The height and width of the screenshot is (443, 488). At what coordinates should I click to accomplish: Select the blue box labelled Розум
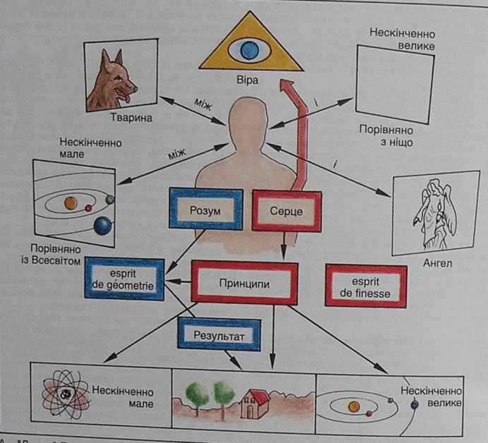click(x=206, y=210)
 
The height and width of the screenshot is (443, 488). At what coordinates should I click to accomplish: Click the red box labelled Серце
click(x=286, y=210)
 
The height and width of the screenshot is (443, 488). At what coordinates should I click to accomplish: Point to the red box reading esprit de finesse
click(x=366, y=285)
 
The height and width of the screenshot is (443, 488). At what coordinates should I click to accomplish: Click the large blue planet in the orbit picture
click(x=103, y=226)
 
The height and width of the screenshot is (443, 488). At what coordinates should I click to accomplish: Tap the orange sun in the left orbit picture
click(x=70, y=203)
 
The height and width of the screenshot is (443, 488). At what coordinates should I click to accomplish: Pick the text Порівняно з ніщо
click(x=386, y=136)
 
